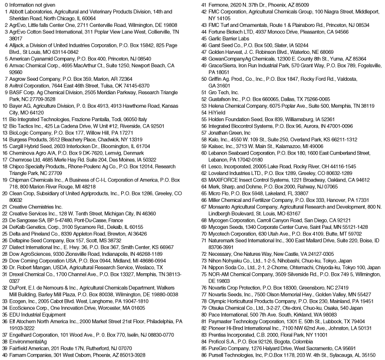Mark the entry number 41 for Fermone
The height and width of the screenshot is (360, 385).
click(x=203, y=5)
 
